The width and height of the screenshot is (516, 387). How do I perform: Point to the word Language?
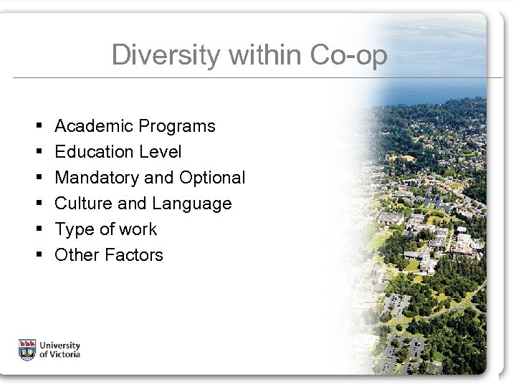191,204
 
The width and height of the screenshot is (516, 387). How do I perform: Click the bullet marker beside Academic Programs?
35,127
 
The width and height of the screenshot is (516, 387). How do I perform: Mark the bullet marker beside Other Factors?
35,255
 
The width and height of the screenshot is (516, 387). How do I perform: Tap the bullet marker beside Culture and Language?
35,204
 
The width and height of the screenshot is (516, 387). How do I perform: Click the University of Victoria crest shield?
27,348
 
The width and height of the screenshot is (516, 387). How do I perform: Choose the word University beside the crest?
60,344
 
